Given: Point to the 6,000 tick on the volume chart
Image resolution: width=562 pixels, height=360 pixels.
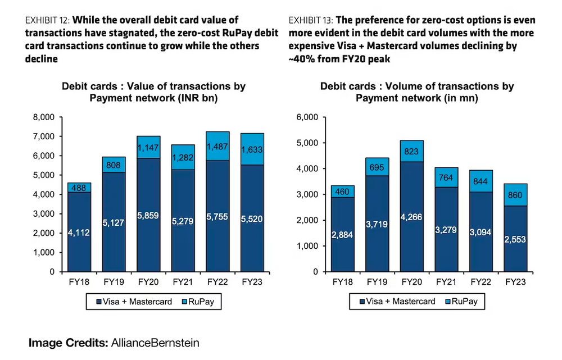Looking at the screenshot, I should [306, 117].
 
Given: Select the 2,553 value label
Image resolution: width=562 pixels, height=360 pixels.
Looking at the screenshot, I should [515, 254].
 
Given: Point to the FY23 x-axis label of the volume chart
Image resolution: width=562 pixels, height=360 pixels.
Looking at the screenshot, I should [515, 282].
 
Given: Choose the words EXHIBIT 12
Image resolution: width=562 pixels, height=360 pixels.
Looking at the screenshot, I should [46, 20].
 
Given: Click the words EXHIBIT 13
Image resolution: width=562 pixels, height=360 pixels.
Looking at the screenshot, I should [310, 20].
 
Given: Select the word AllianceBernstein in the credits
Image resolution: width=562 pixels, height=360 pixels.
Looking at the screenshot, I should [155, 342].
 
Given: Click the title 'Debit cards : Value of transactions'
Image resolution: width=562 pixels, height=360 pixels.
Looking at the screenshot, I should [153, 86].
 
